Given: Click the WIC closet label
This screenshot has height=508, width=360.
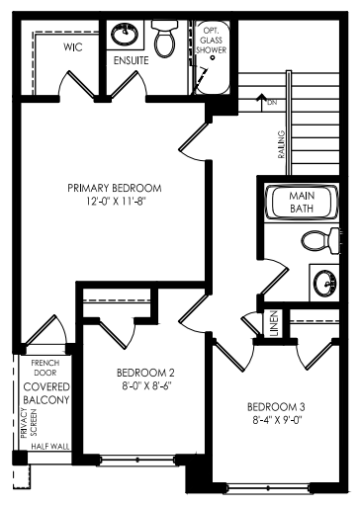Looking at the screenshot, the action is (x=73, y=47).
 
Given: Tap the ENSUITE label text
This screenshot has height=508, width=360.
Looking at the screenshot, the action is (x=131, y=60).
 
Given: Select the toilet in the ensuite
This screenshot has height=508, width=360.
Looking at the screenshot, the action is (x=165, y=39).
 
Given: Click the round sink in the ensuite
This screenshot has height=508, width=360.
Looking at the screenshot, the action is (x=125, y=34).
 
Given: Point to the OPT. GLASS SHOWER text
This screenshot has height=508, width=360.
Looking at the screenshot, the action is (x=212, y=41).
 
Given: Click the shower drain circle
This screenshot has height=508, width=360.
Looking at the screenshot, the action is (x=213, y=57).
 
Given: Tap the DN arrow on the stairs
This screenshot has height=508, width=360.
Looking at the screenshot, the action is (x=261, y=103).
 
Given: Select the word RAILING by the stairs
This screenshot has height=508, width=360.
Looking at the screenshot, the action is (x=281, y=144).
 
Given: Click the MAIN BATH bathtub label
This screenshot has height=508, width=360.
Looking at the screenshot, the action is (x=302, y=202).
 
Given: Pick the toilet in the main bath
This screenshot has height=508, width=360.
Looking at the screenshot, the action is (x=320, y=241).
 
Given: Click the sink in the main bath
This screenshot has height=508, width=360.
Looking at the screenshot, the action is (x=325, y=283).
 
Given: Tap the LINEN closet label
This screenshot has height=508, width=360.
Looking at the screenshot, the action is (x=274, y=323).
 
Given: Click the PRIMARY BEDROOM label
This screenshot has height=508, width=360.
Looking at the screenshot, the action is (x=115, y=188).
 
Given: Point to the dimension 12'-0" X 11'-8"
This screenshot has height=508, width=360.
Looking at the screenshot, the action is (x=116, y=202).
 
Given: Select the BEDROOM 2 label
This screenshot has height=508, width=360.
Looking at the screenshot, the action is (x=145, y=373).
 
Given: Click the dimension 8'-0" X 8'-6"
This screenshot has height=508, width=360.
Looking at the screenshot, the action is (x=147, y=385).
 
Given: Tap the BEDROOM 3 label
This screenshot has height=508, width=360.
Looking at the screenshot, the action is (x=276, y=407).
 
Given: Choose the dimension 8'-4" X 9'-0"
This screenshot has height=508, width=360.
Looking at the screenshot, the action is (x=277, y=420).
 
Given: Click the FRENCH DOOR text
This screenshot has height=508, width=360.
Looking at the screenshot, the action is (x=45, y=368).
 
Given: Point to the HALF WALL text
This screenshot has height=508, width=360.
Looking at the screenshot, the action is (x=50, y=447).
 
